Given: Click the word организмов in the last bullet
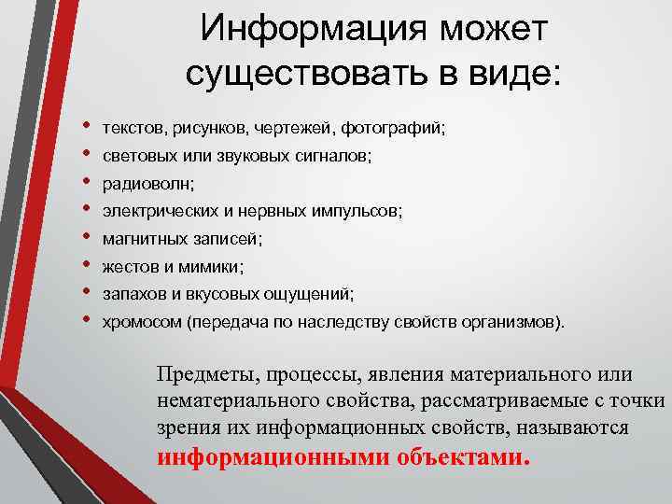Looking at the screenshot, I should pos(513,323).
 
